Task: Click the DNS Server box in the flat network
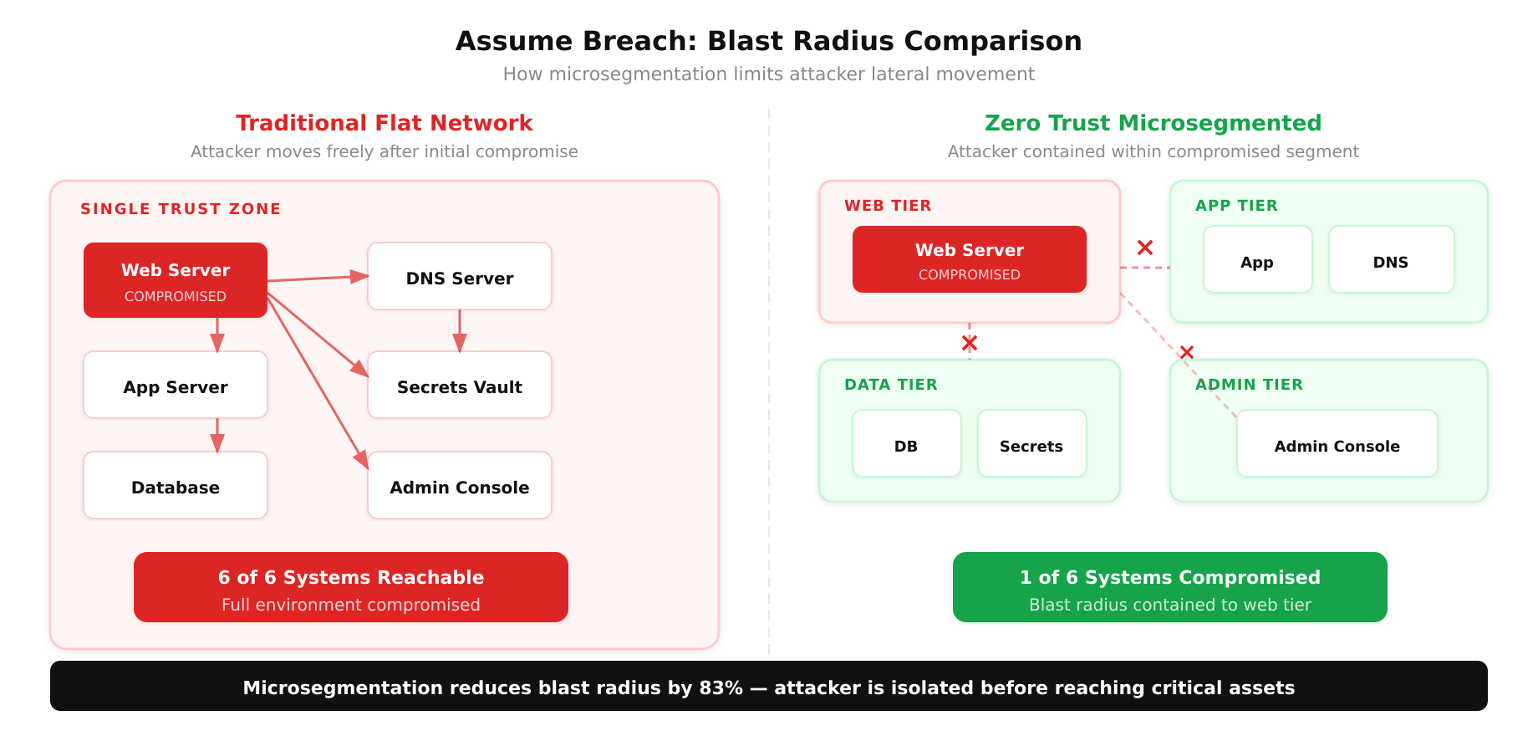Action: (460, 277)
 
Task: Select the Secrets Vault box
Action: (460, 386)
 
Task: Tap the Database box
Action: (176, 486)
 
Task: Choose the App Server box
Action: (176, 386)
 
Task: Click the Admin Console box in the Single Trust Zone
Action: (460, 486)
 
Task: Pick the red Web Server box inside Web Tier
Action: (970, 259)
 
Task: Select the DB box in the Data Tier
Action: (906, 444)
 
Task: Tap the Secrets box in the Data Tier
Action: (1031, 444)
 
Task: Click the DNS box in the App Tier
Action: (1391, 260)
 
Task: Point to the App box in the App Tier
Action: (1257, 260)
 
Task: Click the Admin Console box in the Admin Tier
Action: (1337, 444)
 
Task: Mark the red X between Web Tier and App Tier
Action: (1145, 248)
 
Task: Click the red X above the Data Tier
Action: (970, 343)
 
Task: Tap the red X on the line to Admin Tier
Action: (1187, 352)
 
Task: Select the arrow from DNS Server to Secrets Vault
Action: (460, 331)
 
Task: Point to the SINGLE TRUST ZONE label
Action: (181, 209)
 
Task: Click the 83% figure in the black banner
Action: (721, 687)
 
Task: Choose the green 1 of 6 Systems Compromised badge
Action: (1169, 587)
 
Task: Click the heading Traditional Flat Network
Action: (384, 123)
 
